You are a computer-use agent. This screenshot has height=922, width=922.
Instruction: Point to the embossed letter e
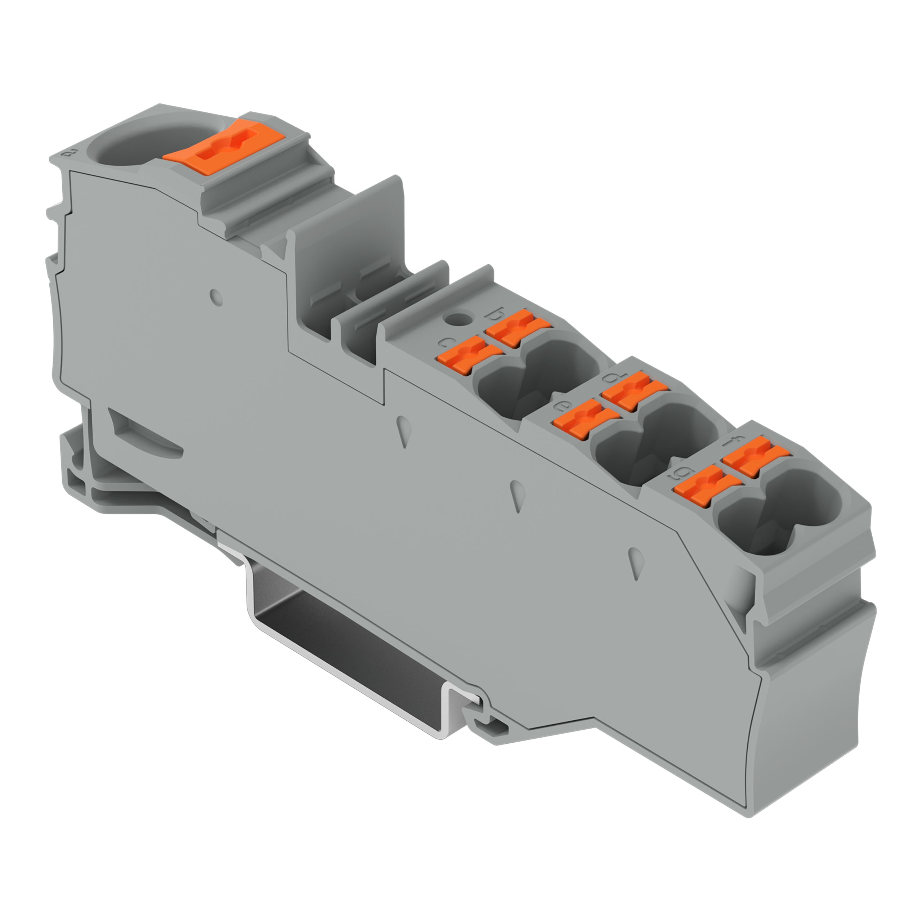click(x=559, y=406)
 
